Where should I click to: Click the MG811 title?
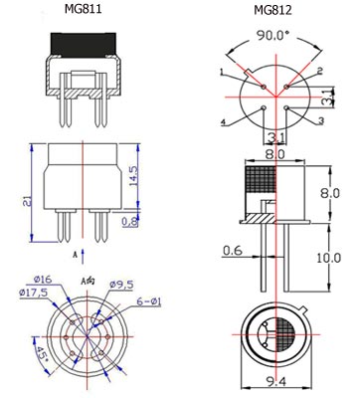click(x=83, y=9)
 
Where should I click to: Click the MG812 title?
click(x=272, y=10)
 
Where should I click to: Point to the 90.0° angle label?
click(x=273, y=35)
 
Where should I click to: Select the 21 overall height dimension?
click(x=29, y=201)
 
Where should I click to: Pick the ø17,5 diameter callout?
click(x=34, y=293)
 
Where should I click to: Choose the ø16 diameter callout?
click(x=43, y=280)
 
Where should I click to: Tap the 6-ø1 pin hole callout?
click(x=149, y=301)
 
